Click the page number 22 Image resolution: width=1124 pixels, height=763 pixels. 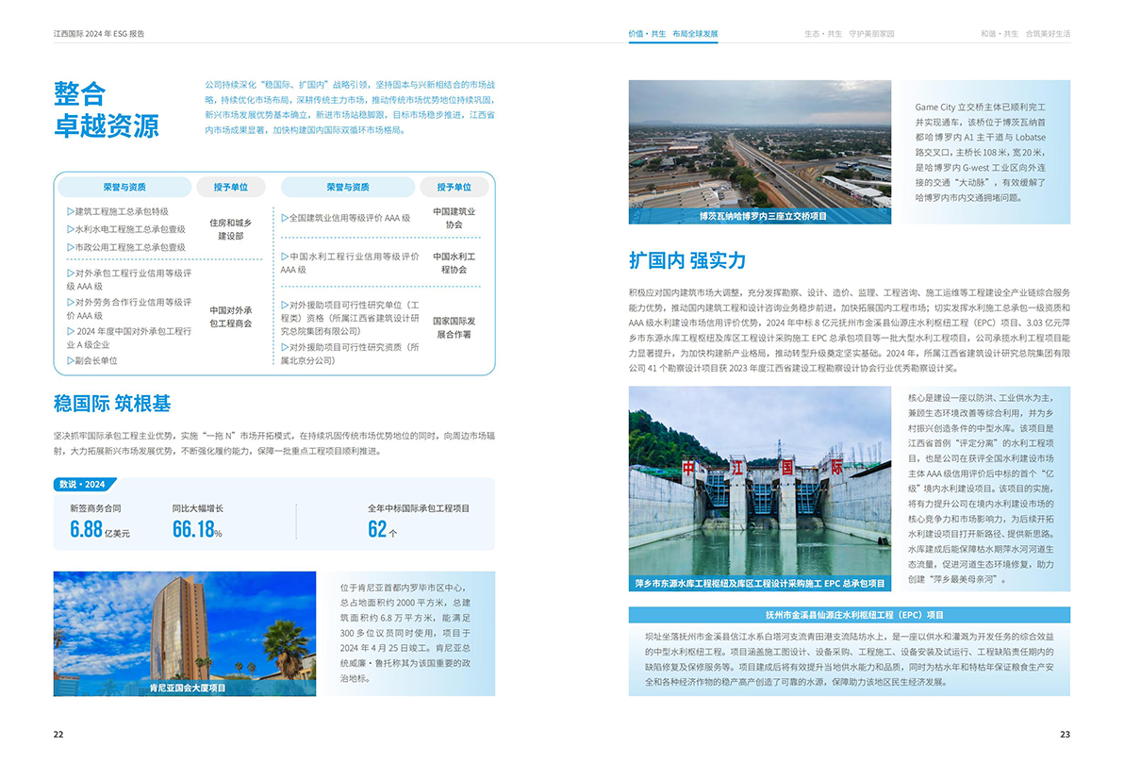pyautogui.click(x=58, y=735)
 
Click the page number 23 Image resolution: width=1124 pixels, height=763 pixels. pyautogui.click(x=1065, y=735)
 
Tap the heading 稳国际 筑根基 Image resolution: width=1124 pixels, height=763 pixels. pyautogui.click(x=112, y=405)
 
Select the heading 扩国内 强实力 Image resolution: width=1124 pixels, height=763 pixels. pyautogui.click(x=687, y=260)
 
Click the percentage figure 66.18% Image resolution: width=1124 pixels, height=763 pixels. pyautogui.click(x=196, y=530)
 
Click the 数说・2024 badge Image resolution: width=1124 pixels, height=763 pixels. pyautogui.click(x=83, y=485)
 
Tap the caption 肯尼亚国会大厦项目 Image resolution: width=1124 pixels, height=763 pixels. pyautogui.click(x=188, y=688)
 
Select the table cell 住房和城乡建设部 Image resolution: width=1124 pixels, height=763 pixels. pyautogui.click(x=230, y=229)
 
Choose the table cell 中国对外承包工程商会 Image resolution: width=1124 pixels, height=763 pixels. pyautogui.click(x=230, y=316)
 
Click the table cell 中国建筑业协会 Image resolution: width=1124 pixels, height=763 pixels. pyautogui.click(x=454, y=219)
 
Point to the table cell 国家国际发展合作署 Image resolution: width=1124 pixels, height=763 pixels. pyautogui.click(x=454, y=327)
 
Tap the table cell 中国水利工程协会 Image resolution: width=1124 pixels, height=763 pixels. pyautogui.click(x=454, y=262)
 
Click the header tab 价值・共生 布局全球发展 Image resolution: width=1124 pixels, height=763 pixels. pyautogui.click(x=673, y=33)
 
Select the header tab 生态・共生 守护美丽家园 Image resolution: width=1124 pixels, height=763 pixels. pyautogui.click(x=849, y=33)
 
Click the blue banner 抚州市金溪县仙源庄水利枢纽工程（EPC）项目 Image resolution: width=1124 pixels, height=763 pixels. pyautogui.click(x=849, y=615)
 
